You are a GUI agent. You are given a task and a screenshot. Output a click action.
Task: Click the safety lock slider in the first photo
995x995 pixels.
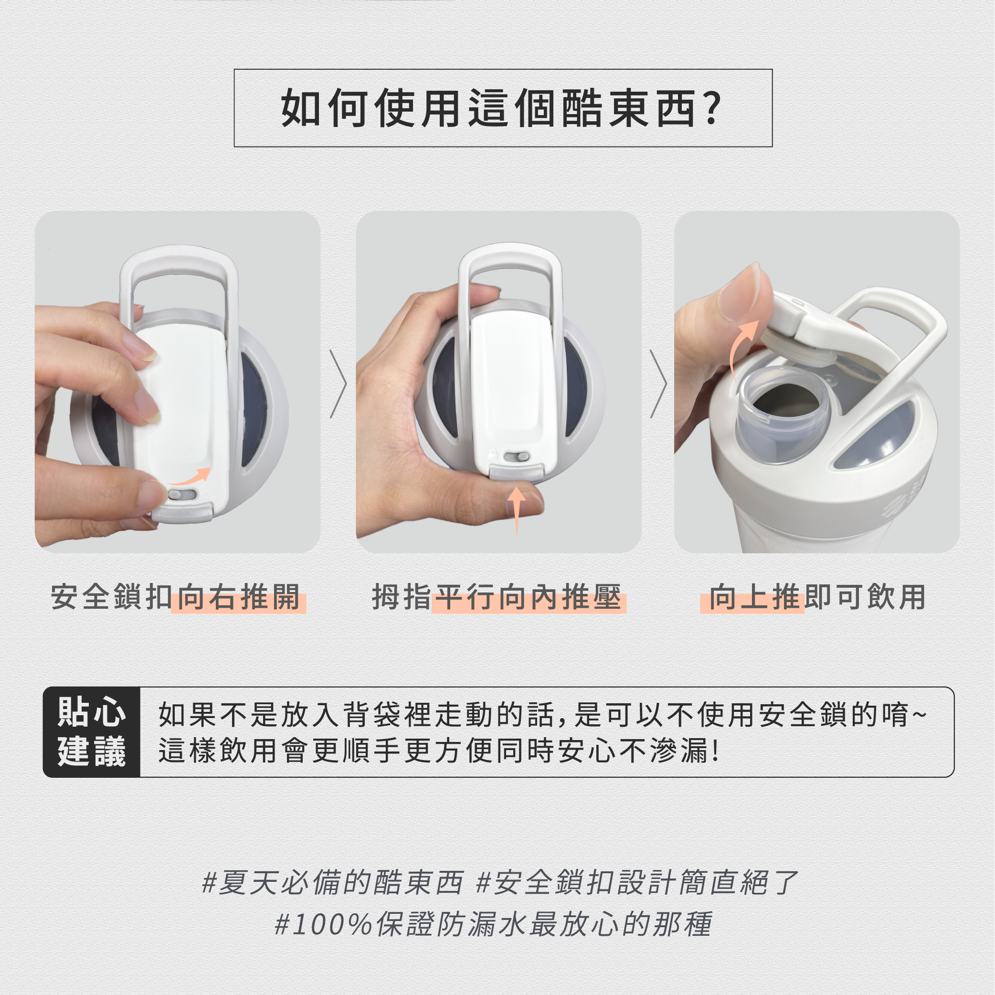point(182,495)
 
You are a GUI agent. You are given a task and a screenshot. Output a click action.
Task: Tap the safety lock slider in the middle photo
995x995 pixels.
point(517,457)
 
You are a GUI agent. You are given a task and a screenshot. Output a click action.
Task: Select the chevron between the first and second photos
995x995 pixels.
point(339,384)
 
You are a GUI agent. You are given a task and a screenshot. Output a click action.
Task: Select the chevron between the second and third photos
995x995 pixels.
point(659,384)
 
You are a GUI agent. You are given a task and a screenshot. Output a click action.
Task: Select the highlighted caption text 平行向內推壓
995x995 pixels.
point(529,597)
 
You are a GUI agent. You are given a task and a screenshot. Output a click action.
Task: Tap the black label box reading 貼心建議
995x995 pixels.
point(92,732)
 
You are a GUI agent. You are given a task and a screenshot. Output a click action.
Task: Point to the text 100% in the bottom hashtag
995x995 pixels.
point(332,924)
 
